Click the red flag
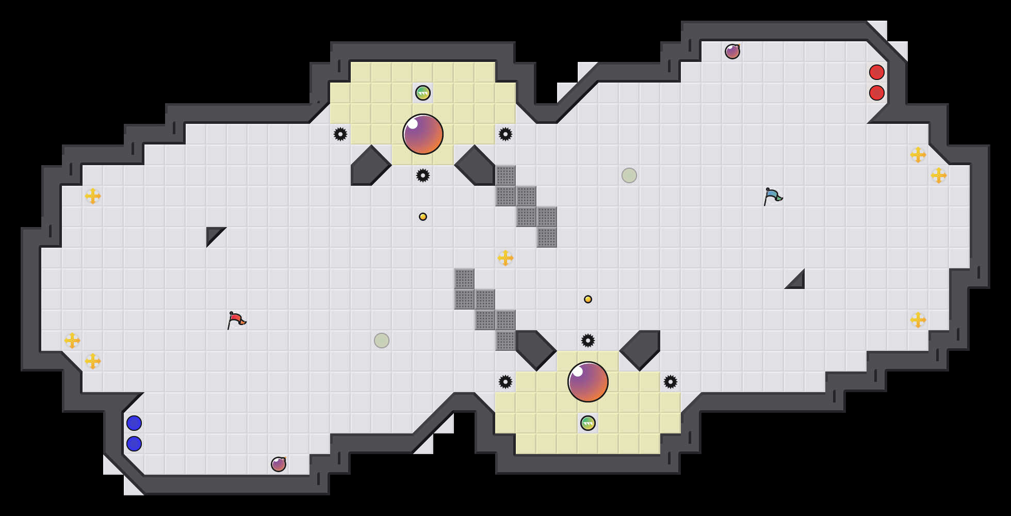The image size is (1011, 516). tap(236, 320)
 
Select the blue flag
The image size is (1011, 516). tap(773, 197)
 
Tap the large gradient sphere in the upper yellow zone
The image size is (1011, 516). tap(423, 134)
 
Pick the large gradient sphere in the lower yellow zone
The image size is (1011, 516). tap(588, 382)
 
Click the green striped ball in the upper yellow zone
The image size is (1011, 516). tap(423, 93)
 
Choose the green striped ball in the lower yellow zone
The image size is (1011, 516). tap(588, 423)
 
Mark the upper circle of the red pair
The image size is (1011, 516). tap(877, 72)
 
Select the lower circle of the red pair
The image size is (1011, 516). tap(877, 93)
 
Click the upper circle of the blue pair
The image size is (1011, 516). tap(134, 423)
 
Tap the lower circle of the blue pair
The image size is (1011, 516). tap(134, 444)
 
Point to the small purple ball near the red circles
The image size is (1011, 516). tap(732, 52)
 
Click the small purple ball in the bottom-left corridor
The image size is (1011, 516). tap(279, 464)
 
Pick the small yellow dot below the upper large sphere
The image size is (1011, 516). tap(423, 217)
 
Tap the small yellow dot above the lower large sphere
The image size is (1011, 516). tap(588, 299)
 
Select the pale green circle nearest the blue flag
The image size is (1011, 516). tap(629, 175)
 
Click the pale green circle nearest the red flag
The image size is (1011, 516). tap(382, 341)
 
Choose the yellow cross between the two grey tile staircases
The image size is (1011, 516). tap(505, 258)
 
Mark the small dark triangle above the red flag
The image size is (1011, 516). tap(213, 234)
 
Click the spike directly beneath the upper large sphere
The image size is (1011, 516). tap(423, 175)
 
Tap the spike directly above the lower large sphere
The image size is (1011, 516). tap(588, 341)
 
